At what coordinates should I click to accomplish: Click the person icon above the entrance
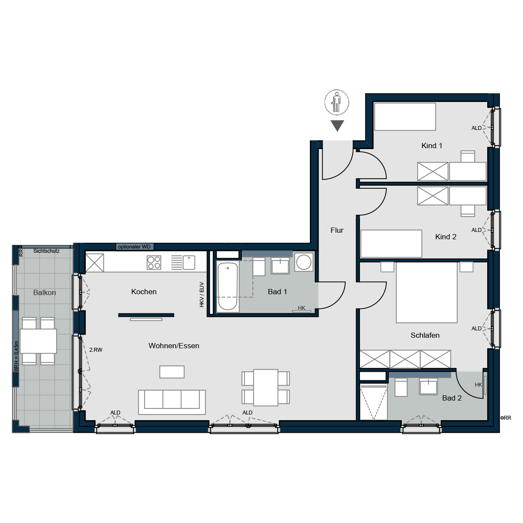click(336, 102)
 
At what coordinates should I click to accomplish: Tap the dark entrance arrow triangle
click(337, 125)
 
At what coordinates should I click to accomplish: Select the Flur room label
click(337, 230)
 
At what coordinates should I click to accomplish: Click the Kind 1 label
click(431, 146)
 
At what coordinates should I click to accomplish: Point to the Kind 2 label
click(445, 237)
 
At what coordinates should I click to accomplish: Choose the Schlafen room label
click(425, 335)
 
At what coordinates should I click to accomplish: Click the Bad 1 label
click(277, 292)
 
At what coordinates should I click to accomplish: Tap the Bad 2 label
click(452, 398)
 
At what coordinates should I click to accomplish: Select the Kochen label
click(144, 292)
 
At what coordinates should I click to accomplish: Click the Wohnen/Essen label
click(174, 346)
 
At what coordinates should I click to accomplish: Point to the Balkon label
click(44, 292)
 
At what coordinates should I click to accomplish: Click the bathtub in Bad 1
click(228, 286)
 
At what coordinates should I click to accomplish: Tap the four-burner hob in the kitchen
click(154, 262)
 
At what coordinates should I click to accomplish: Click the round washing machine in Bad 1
click(303, 262)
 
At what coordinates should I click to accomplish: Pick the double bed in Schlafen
click(426, 292)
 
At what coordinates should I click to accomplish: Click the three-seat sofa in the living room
click(172, 401)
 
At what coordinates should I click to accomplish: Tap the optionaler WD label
click(134, 247)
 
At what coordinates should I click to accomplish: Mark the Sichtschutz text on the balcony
click(46, 251)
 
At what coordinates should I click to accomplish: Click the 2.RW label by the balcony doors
click(95, 350)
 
